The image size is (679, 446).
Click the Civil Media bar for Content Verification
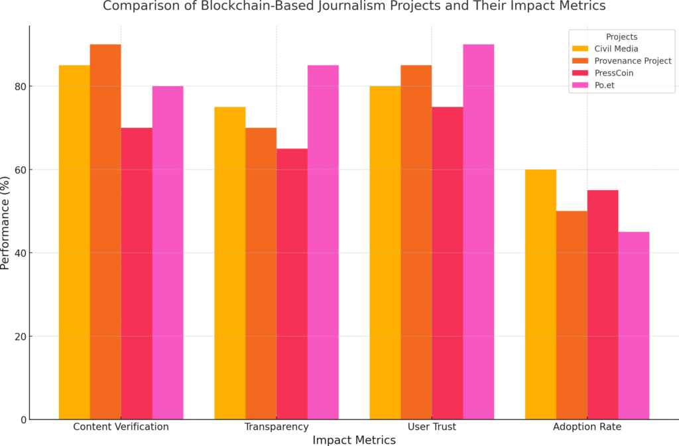(74, 242)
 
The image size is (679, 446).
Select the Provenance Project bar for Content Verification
(105, 231)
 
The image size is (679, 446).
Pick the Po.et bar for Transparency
(323, 242)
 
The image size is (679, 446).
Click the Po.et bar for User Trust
(478, 231)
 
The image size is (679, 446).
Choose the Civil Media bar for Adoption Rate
(540, 294)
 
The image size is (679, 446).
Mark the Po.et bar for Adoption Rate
(634, 325)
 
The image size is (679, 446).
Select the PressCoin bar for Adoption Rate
(603, 304)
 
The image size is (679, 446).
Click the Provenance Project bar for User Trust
(416, 242)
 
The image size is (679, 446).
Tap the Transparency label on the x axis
(277, 427)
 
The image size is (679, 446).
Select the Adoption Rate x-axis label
(587, 427)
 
